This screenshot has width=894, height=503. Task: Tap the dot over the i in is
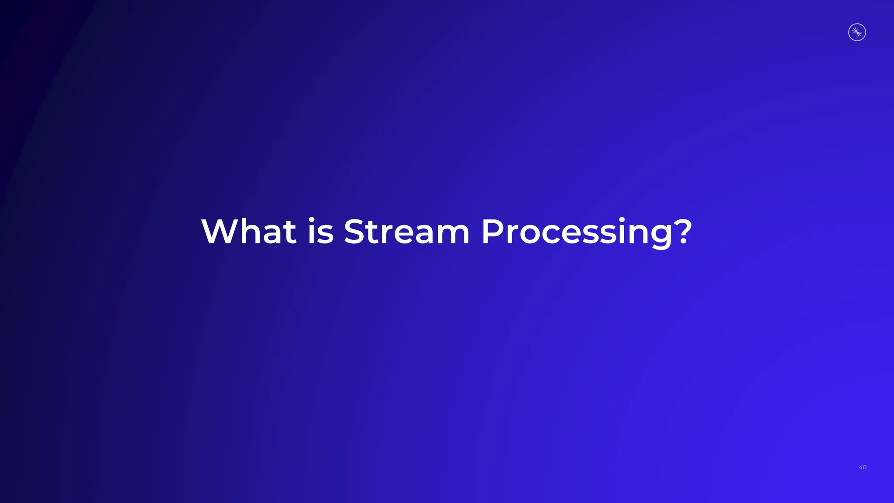[312, 219]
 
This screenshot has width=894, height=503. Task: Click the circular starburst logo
[857, 32]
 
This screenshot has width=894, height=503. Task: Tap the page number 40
[863, 467]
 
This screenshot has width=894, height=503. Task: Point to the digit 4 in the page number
[860, 467]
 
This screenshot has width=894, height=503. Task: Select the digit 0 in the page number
[865, 467]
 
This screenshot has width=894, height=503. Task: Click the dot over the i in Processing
[622, 219]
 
